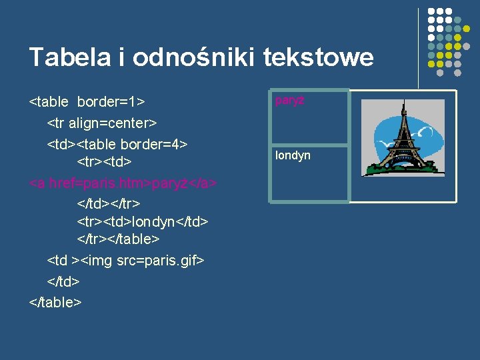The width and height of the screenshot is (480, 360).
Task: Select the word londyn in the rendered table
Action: point(293,155)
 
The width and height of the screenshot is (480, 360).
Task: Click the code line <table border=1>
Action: point(87,102)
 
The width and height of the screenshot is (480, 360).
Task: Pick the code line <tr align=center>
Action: point(101,123)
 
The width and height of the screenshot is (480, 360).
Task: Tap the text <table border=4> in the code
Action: point(139,143)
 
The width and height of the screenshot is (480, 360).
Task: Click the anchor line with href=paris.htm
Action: point(123,183)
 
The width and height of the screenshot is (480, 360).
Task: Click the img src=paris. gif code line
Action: point(125,261)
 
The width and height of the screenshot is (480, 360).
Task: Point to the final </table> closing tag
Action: point(55,301)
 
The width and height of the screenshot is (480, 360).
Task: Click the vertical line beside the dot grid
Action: point(418,47)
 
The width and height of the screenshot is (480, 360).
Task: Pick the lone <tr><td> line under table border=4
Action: point(104,163)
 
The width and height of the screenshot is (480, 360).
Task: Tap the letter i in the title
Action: point(122,57)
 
